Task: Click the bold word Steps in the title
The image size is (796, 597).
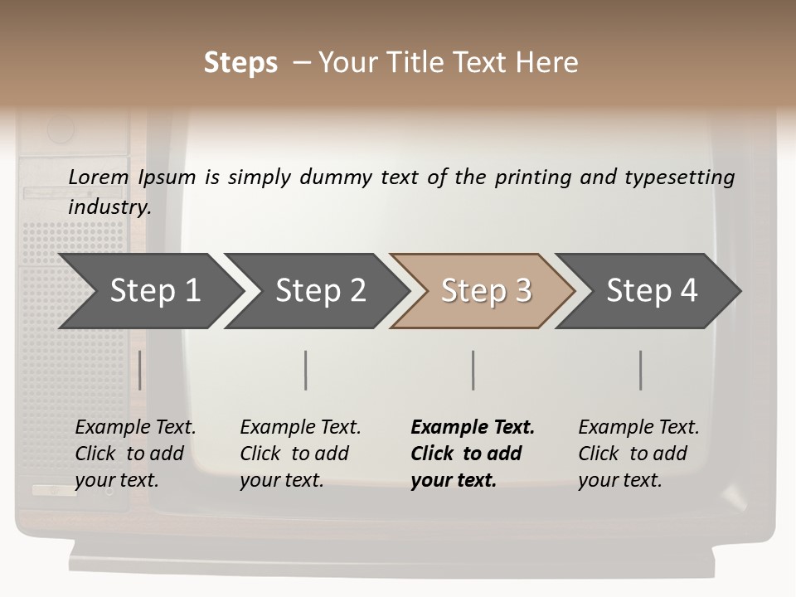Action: click(x=240, y=63)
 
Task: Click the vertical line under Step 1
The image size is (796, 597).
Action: click(x=140, y=370)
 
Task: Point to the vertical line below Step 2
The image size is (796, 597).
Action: click(x=306, y=370)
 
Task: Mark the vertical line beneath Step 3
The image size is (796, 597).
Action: click(x=473, y=370)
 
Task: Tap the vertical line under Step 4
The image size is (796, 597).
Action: click(x=640, y=370)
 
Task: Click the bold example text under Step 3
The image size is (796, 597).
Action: click(x=473, y=454)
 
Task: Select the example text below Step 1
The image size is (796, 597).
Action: click(x=135, y=454)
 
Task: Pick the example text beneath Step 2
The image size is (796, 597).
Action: click(x=300, y=454)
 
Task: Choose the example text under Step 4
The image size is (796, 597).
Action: click(x=638, y=454)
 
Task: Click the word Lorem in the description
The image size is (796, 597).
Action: click(x=99, y=177)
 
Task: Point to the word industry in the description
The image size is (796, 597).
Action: click(x=109, y=206)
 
